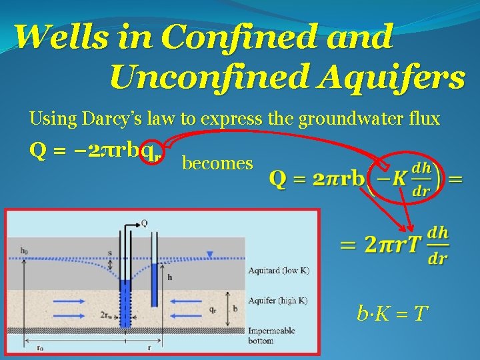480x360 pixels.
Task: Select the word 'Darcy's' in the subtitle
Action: [107, 119]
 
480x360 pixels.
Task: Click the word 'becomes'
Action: [217, 163]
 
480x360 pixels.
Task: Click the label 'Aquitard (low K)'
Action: [277, 271]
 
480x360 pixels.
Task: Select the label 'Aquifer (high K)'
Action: [277, 300]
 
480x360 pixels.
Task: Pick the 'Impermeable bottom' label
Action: [269, 335]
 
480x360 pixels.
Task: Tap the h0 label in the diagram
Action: [25, 251]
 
